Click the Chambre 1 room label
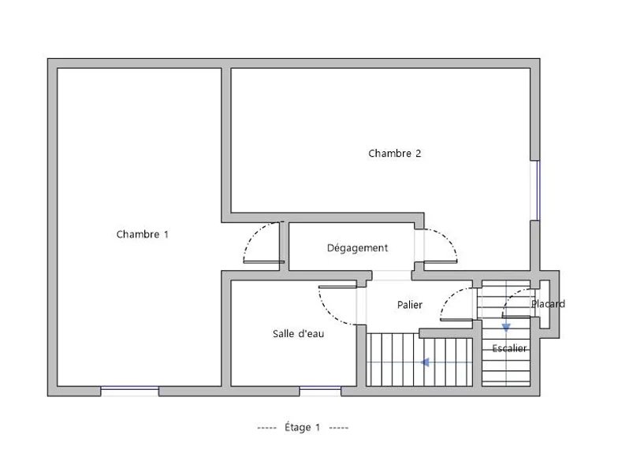(142, 235)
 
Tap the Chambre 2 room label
(394, 153)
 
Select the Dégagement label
(358, 247)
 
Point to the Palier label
(410, 304)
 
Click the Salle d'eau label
(298, 334)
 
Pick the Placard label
(548, 304)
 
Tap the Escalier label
(509, 348)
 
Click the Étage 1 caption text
(303, 427)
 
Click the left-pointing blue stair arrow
(425, 362)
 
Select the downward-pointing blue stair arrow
(506, 328)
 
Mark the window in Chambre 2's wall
(535, 191)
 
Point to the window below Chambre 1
(129, 391)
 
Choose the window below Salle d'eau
(320, 391)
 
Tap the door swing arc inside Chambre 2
(446, 237)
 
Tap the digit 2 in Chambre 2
(418, 153)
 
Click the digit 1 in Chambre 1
(166, 235)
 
